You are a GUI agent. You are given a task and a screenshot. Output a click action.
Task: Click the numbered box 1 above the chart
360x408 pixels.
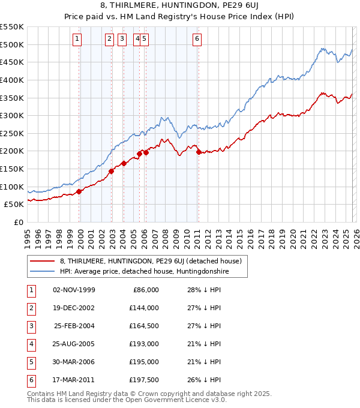pyautogui.click(x=78, y=40)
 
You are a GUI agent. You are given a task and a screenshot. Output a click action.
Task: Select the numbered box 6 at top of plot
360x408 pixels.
pyautogui.click(x=197, y=40)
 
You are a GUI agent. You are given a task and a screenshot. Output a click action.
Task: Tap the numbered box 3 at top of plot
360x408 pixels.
pyautogui.click(x=122, y=40)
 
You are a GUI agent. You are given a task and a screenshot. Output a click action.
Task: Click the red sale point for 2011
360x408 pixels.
pyautogui.click(x=199, y=152)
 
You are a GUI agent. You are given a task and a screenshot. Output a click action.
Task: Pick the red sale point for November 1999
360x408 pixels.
pyautogui.click(x=79, y=191)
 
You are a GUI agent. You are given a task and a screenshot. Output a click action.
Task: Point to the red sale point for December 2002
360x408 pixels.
pyautogui.click(x=112, y=171)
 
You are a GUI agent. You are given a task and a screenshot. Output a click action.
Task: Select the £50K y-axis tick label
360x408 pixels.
pyautogui.click(x=14, y=205)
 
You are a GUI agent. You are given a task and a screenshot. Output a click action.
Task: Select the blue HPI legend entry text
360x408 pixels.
pyautogui.click(x=144, y=272)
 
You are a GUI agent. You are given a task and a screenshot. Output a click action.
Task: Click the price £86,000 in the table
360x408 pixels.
pyautogui.click(x=145, y=290)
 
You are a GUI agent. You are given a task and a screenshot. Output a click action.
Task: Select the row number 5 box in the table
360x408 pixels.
pyautogui.click(x=29, y=362)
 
